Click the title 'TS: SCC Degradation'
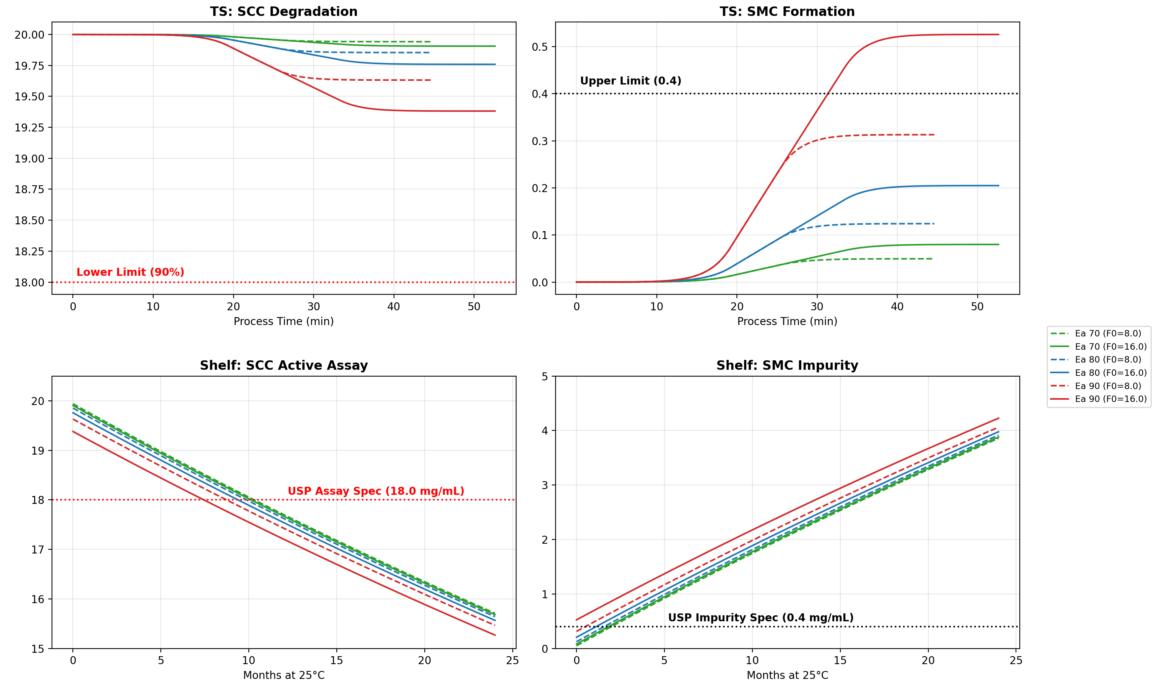tap(284, 12)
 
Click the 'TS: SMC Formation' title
tap(787, 12)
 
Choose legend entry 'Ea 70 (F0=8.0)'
tap(1107, 333)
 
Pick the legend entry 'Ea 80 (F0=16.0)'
tap(1110, 373)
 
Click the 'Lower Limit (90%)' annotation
tap(130, 272)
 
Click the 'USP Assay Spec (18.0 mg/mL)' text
tap(376, 491)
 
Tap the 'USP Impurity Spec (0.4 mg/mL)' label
tap(760, 618)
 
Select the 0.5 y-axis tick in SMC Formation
tap(540, 47)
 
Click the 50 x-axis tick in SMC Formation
tap(977, 306)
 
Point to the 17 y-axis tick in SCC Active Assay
tap(38, 550)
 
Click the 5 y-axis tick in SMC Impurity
tap(545, 377)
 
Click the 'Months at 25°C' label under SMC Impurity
tap(787, 675)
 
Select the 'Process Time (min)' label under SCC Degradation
tap(284, 321)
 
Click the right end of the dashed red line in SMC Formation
tap(934, 135)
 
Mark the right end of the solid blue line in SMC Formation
tap(999, 186)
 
